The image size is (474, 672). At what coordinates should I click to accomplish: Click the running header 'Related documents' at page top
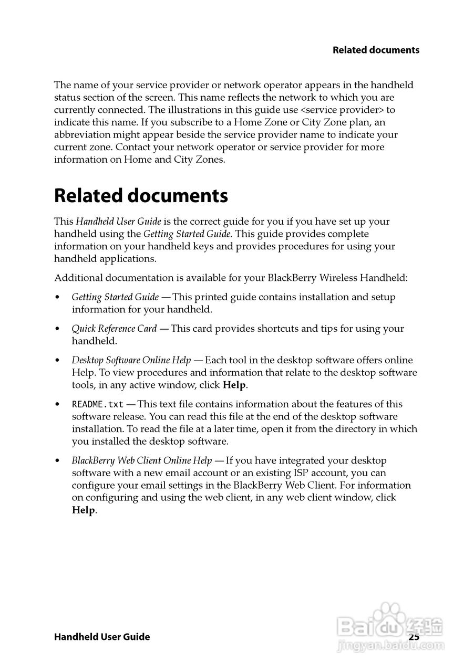pos(376,50)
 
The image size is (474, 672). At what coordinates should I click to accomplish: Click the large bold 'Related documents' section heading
pos(141,196)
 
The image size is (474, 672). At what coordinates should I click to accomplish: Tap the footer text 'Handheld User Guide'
pos(102,637)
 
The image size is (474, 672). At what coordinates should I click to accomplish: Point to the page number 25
pos(414,637)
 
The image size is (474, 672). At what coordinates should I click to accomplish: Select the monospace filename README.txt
pos(98,404)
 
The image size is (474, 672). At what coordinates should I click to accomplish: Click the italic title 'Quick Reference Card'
pos(114,329)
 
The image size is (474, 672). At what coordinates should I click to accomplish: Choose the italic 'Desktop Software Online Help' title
pos(131,360)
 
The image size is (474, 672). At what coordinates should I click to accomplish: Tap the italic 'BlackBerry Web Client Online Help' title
pos(142,460)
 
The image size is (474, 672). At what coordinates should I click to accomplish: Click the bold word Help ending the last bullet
pos(84,510)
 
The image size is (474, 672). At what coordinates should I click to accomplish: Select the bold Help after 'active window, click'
pos(234,385)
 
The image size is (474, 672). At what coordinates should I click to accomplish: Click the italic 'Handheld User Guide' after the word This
pos(118,222)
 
